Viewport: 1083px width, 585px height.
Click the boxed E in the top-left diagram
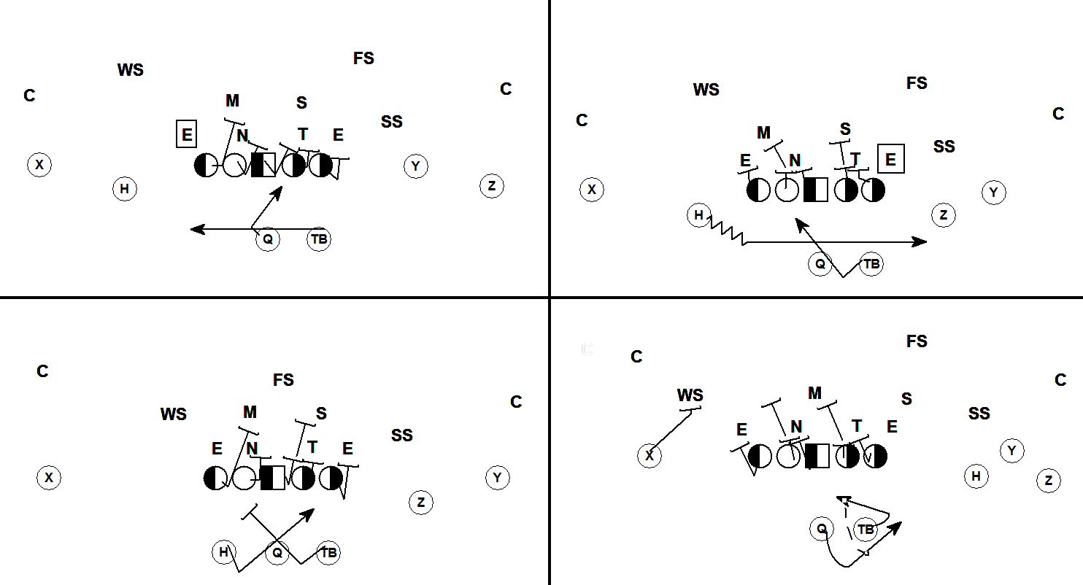(x=187, y=133)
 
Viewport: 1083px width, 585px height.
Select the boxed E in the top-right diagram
(x=890, y=158)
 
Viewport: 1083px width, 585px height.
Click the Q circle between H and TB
(x=277, y=552)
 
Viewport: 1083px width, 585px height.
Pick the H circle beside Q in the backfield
(x=224, y=552)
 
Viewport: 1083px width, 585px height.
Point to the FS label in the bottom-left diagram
(x=283, y=380)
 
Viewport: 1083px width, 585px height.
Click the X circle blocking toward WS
(x=650, y=456)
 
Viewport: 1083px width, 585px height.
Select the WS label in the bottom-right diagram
(x=690, y=395)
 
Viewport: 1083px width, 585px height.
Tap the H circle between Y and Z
(x=976, y=476)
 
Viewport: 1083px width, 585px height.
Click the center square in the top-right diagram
(x=816, y=190)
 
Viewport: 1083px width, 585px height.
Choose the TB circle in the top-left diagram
(x=319, y=239)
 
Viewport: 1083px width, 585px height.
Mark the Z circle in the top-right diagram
(x=944, y=215)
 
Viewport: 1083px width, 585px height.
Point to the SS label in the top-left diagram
(x=392, y=122)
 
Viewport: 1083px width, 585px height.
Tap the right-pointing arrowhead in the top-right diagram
(x=920, y=242)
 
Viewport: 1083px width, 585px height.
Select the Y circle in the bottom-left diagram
(x=498, y=478)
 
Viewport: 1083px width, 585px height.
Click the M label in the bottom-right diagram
(x=814, y=393)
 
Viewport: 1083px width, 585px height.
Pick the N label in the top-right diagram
(x=795, y=160)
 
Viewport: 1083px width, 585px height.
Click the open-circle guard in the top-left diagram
(x=234, y=165)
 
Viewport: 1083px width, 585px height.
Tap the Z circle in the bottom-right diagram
(x=1049, y=481)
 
